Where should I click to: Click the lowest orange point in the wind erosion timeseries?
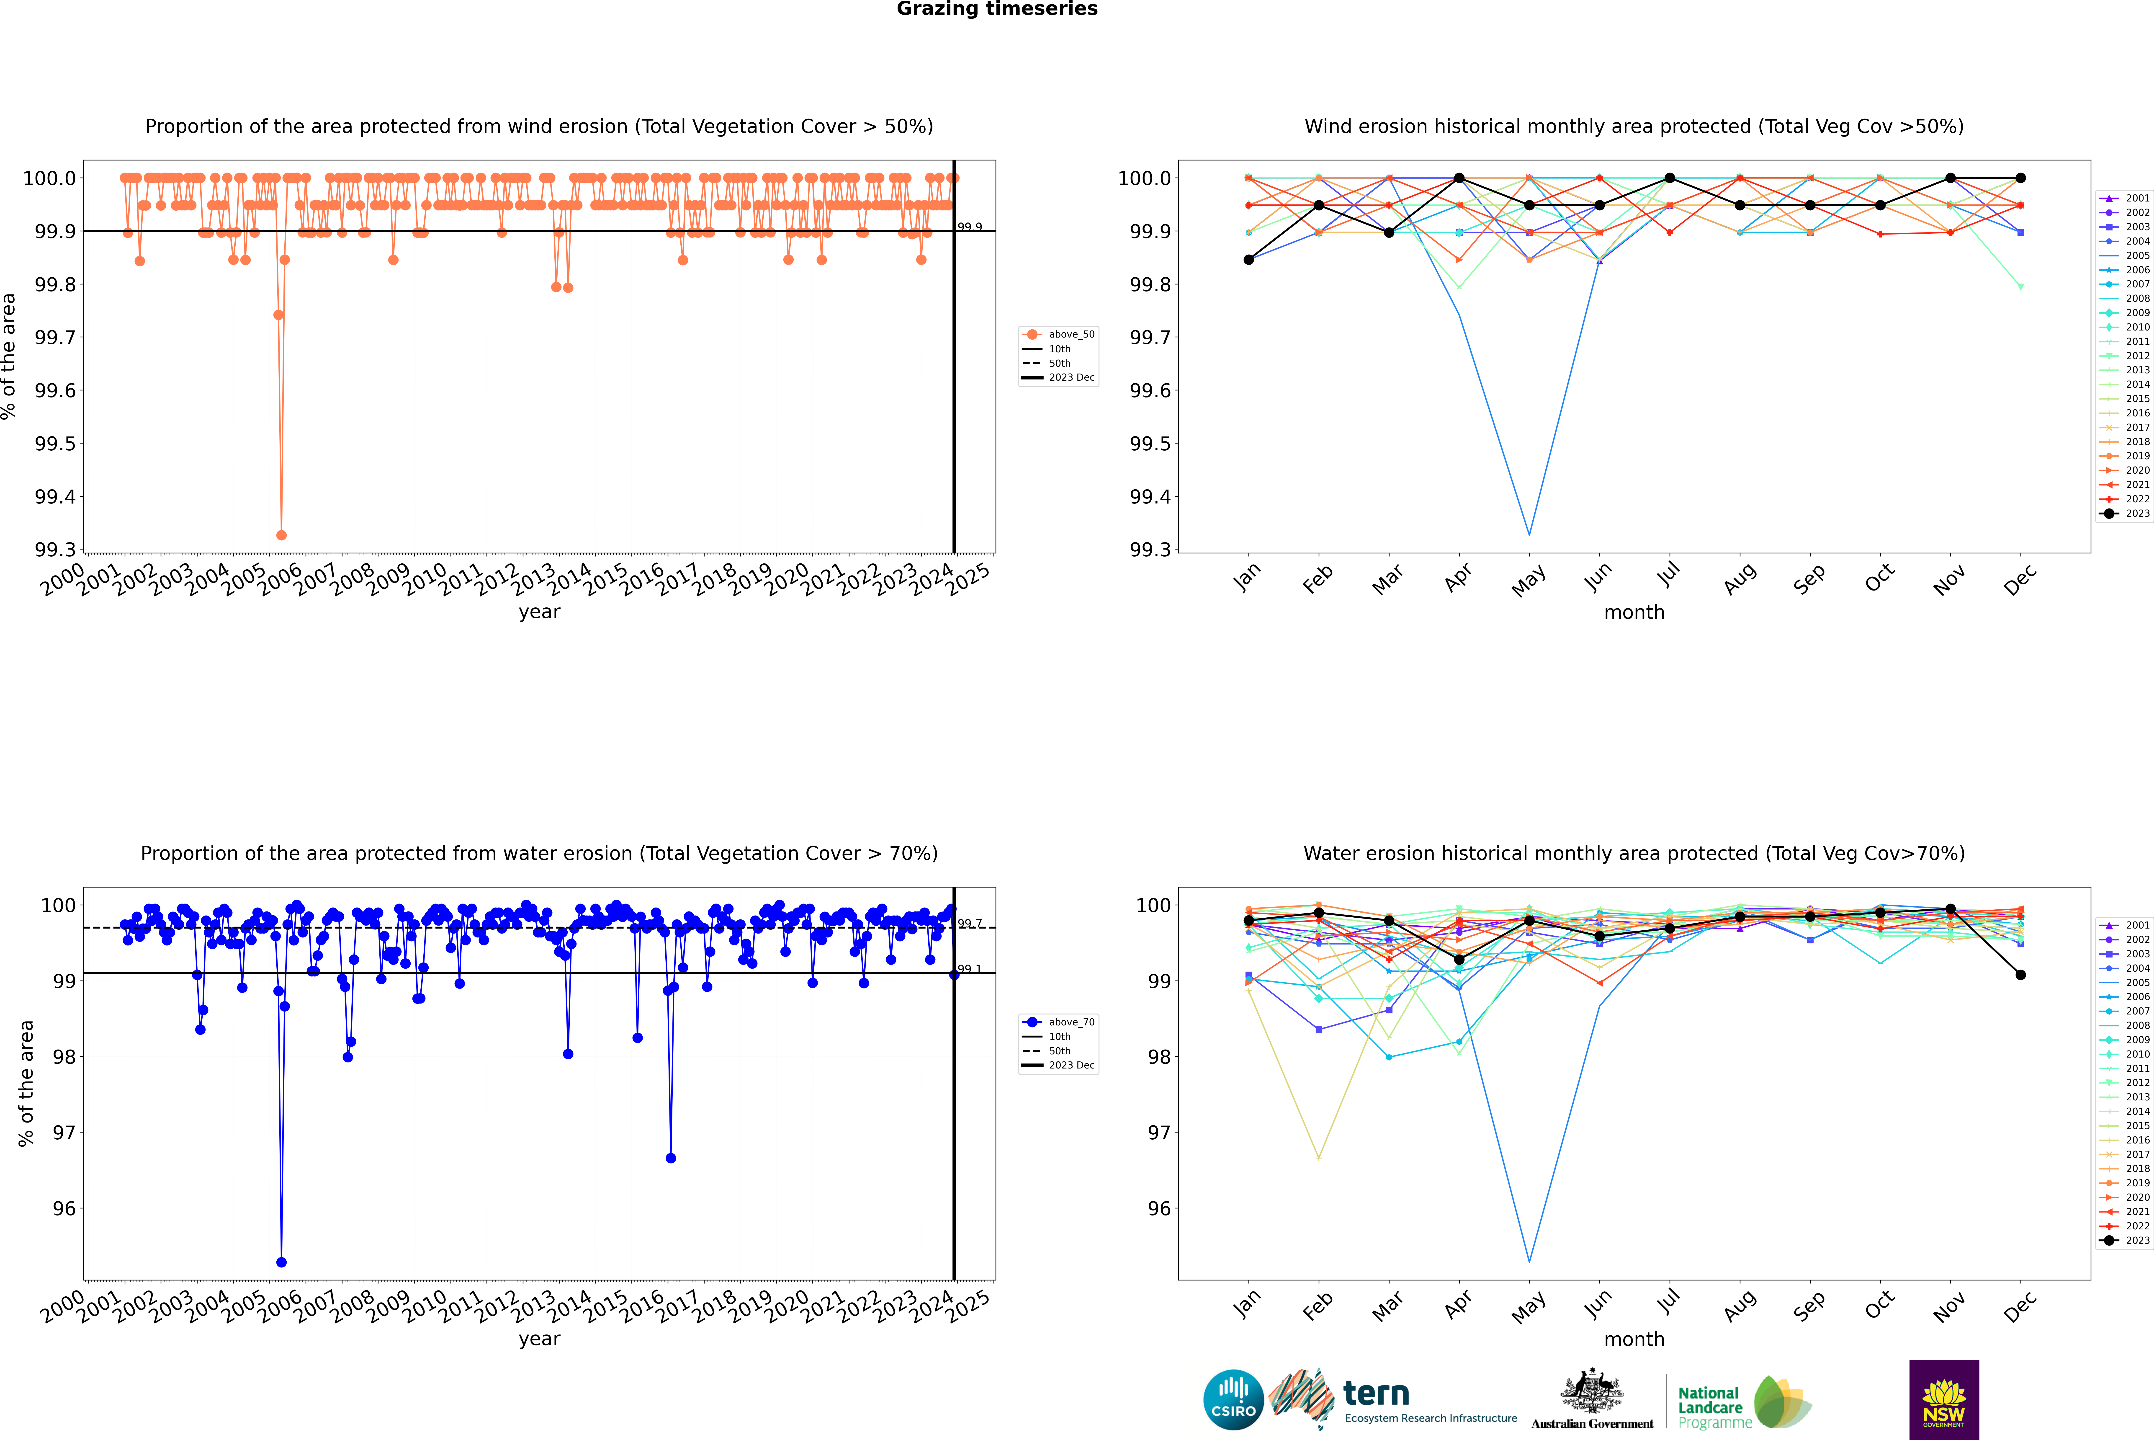281,534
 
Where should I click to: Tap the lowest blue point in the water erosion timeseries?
281,1262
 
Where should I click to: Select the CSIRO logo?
1233,1400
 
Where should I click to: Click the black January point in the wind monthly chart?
1249,260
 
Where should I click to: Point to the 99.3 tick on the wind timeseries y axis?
55,550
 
